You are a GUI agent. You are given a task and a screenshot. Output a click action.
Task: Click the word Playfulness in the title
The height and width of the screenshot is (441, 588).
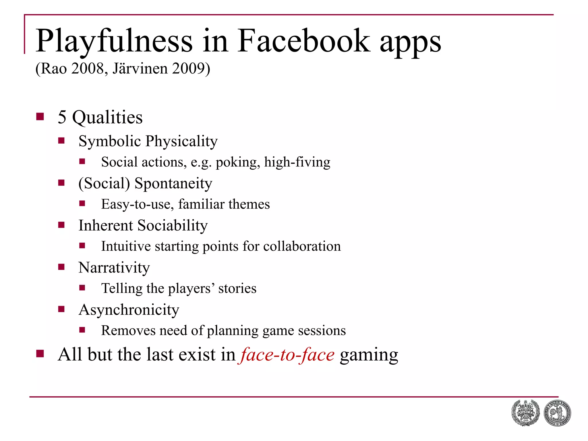[x=114, y=42]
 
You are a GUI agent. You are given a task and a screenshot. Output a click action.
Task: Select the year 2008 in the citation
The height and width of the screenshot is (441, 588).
[x=88, y=69]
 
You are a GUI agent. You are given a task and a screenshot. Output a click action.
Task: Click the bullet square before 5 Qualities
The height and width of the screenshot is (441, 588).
[x=40, y=117]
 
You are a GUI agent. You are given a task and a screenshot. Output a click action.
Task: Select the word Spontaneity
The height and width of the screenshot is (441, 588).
[x=173, y=183]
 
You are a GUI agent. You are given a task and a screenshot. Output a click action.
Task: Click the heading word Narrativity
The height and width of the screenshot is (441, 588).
[x=114, y=268]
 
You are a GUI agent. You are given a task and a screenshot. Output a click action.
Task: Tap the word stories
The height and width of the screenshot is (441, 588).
[x=237, y=289]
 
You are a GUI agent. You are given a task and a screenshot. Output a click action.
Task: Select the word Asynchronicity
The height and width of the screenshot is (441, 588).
[x=129, y=310]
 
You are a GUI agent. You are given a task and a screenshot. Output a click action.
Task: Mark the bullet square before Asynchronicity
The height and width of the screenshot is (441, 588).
[x=61, y=309]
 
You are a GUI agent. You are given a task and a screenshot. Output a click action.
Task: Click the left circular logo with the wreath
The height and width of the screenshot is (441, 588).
[x=525, y=413]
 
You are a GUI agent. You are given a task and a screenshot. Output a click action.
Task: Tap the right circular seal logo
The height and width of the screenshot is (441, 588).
[x=557, y=413]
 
